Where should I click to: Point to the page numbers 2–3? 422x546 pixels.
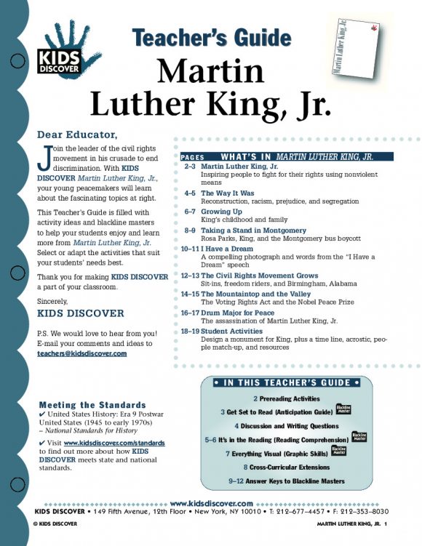(189, 166)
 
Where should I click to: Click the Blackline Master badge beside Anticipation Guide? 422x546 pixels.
(343, 410)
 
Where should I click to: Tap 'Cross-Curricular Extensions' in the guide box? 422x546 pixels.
(292, 467)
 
